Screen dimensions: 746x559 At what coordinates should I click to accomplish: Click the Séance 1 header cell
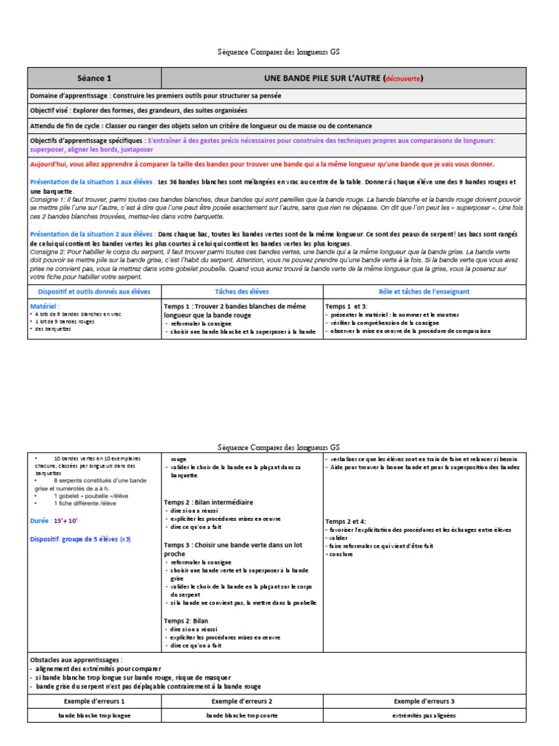point(94,78)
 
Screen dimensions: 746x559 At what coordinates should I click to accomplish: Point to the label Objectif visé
point(53,111)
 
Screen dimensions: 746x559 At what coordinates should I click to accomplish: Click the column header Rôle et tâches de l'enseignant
point(424,291)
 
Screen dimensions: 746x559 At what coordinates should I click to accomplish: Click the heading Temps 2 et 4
point(346,521)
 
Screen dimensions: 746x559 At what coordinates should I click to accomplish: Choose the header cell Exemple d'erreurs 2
point(242,701)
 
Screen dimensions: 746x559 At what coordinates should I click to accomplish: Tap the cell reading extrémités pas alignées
point(424,716)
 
